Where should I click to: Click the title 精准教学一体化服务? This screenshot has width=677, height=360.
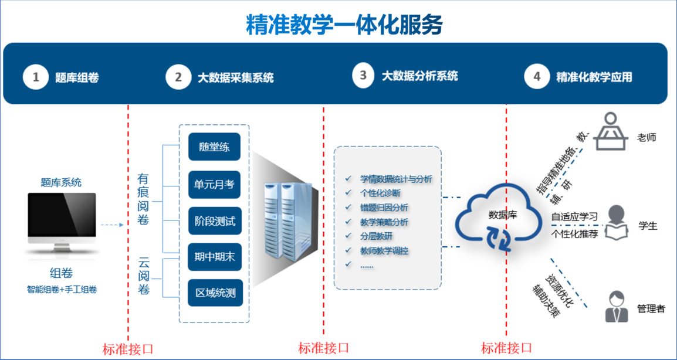pos(345,25)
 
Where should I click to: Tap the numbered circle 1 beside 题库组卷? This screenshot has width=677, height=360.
pos(36,77)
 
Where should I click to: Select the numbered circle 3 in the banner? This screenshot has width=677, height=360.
pos(364,75)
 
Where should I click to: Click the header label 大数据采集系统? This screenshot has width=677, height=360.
pos(235,77)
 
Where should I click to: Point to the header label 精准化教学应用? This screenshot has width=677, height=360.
pos(594,77)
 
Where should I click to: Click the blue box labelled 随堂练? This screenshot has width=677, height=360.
pos(215,147)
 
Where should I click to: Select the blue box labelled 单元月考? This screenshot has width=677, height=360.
pos(215,185)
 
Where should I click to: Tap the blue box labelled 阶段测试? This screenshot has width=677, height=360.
pos(215,222)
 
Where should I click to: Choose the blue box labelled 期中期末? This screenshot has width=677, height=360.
pos(215,256)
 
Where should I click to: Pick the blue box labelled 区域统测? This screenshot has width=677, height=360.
pos(215,292)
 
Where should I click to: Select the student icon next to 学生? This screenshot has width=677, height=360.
pos(614,223)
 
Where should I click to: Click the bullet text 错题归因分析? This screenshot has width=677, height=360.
pos(384,208)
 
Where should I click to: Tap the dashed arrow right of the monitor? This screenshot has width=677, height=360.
pos(111,225)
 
